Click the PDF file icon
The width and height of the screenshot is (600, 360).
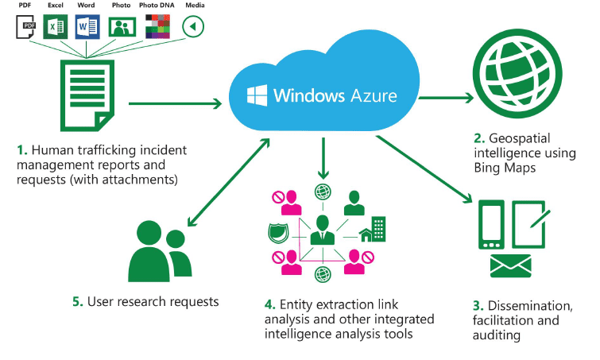coord(26,27)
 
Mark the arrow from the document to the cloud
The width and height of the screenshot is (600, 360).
coord(174,103)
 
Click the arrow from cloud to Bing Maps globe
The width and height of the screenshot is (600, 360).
coord(446,98)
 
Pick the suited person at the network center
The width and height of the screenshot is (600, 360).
coord(323,230)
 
